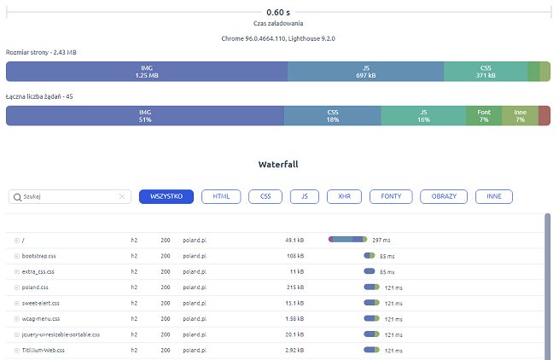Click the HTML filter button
coord(221,196)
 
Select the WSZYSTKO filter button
coord(166,196)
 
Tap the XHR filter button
coord(345,196)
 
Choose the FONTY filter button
coord(392,196)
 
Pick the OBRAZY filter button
coord(444,196)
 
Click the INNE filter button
coord(493,196)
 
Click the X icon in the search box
coord(122,197)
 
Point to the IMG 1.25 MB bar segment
coord(147,72)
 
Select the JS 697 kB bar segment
coord(365,72)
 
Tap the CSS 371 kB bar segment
coord(486,72)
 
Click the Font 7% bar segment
coord(484,115)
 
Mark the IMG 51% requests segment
coord(144,115)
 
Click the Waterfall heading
coord(277,163)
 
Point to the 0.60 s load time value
coord(278,12)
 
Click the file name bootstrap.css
coord(40,256)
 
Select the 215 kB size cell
coord(294,287)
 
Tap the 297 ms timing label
coord(381,241)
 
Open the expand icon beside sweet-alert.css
coord(16,303)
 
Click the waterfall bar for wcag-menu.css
coord(370,318)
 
